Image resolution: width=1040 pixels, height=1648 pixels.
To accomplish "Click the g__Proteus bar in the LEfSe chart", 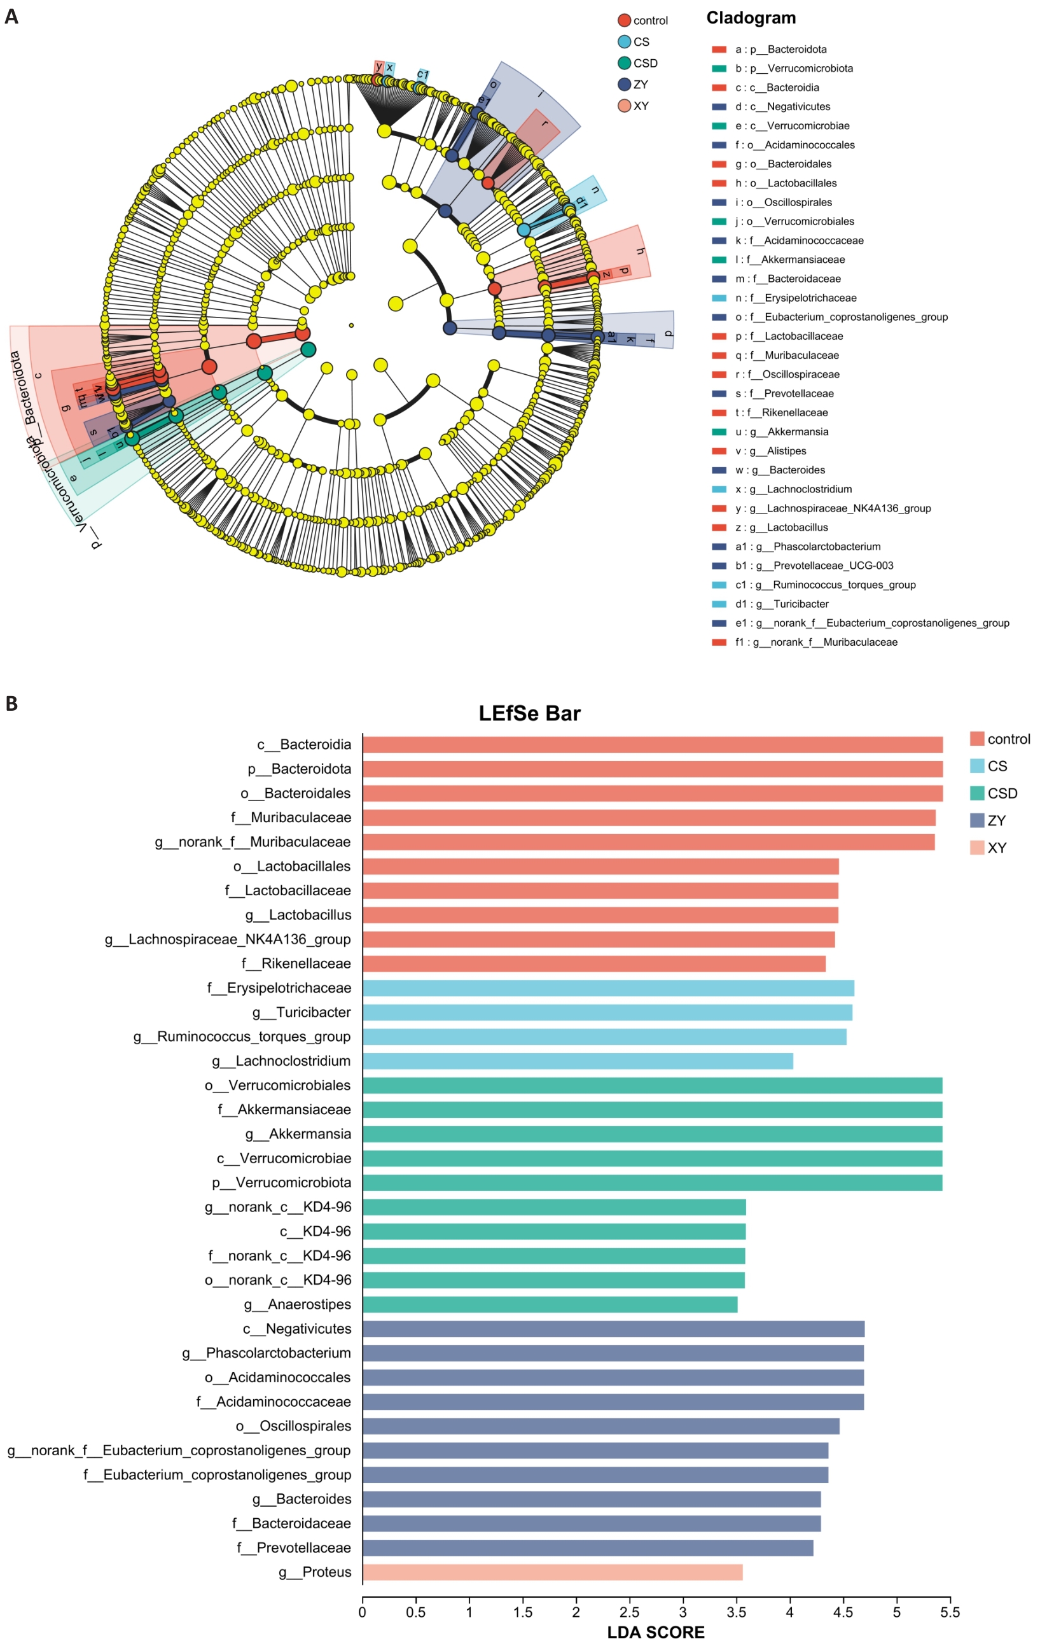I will tap(552, 1572).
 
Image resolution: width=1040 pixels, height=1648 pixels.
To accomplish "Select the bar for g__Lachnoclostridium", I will tap(578, 1061).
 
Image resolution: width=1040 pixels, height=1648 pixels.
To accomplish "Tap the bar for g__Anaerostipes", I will tap(550, 1304).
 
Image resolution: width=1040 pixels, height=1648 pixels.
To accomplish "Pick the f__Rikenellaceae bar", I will tap(593, 963).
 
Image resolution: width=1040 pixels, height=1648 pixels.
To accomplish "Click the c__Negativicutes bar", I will tap(613, 1329).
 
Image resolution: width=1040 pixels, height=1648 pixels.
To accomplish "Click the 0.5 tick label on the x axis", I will tap(415, 1612).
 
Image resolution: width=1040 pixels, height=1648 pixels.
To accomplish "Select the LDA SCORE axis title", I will tap(655, 1633).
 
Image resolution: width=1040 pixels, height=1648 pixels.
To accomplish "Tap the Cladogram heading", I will tap(751, 18).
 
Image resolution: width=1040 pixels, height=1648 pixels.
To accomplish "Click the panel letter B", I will tap(11, 704).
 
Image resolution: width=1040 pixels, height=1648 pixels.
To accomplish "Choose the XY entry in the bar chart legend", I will tap(987, 848).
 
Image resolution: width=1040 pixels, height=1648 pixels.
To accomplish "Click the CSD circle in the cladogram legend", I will tap(624, 63).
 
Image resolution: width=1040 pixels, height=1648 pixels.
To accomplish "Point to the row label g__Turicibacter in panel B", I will tap(301, 1012).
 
